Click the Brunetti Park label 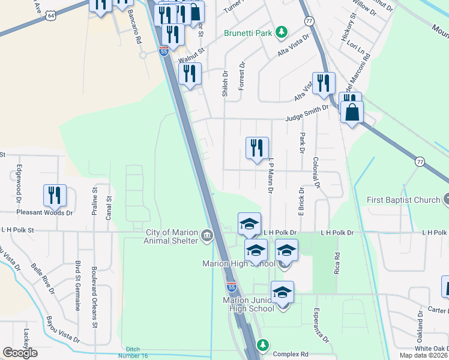point(248,33)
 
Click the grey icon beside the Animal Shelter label point(207,234)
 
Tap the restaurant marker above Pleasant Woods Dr point(54,196)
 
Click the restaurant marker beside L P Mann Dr point(257,148)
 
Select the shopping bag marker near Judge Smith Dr point(352,112)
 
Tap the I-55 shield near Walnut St point(163,52)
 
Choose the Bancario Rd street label point(138,30)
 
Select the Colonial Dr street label point(315,173)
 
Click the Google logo point(20,353)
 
